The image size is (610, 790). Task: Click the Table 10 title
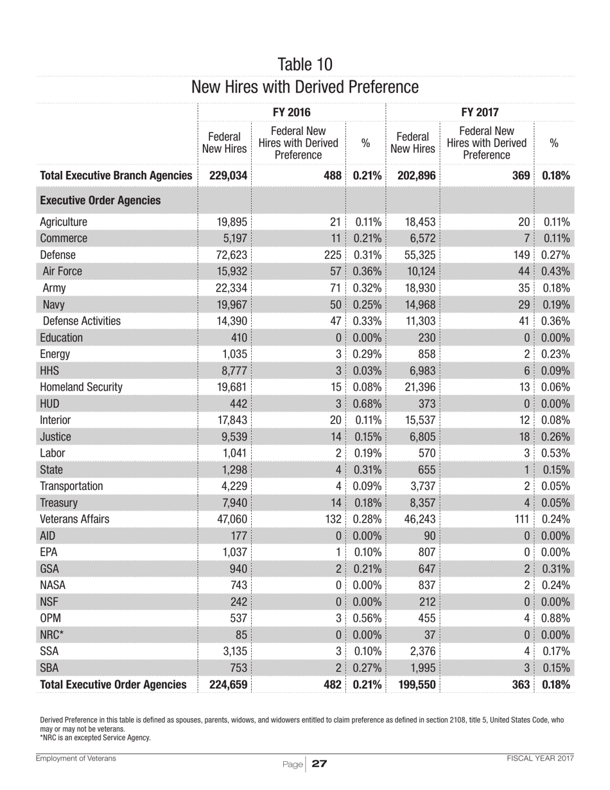[305, 64]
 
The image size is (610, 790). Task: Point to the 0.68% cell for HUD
[369, 404]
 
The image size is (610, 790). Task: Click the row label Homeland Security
[81, 387]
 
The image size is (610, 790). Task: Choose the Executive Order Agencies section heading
[100, 200]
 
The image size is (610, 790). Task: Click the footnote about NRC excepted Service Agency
[95, 737]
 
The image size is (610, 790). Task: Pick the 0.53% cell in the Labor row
[557, 453]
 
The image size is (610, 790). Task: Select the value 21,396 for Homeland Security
[419, 387]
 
